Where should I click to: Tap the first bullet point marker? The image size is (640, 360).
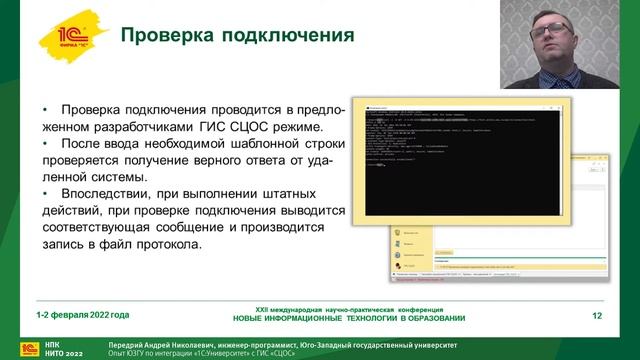(x=45, y=110)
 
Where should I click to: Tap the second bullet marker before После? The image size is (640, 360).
(x=45, y=145)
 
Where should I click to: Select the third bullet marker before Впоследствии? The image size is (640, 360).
(x=45, y=193)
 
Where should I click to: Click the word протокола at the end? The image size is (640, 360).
(x=158, y=245)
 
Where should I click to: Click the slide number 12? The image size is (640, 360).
(x=597, y=317)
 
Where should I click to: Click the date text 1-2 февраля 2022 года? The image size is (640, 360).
(x=83, y=316)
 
